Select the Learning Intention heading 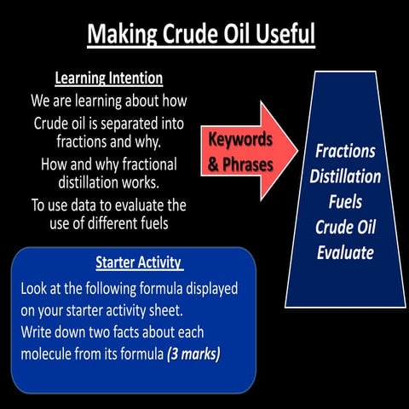tap(108, 78)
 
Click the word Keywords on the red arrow tap(240, 138)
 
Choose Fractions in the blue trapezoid tap(345, 152)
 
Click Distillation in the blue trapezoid tap(345, 177)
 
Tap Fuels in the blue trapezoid tap(345, 203)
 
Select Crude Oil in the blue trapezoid tap(345, 228)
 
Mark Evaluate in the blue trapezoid tap(345, 253)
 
